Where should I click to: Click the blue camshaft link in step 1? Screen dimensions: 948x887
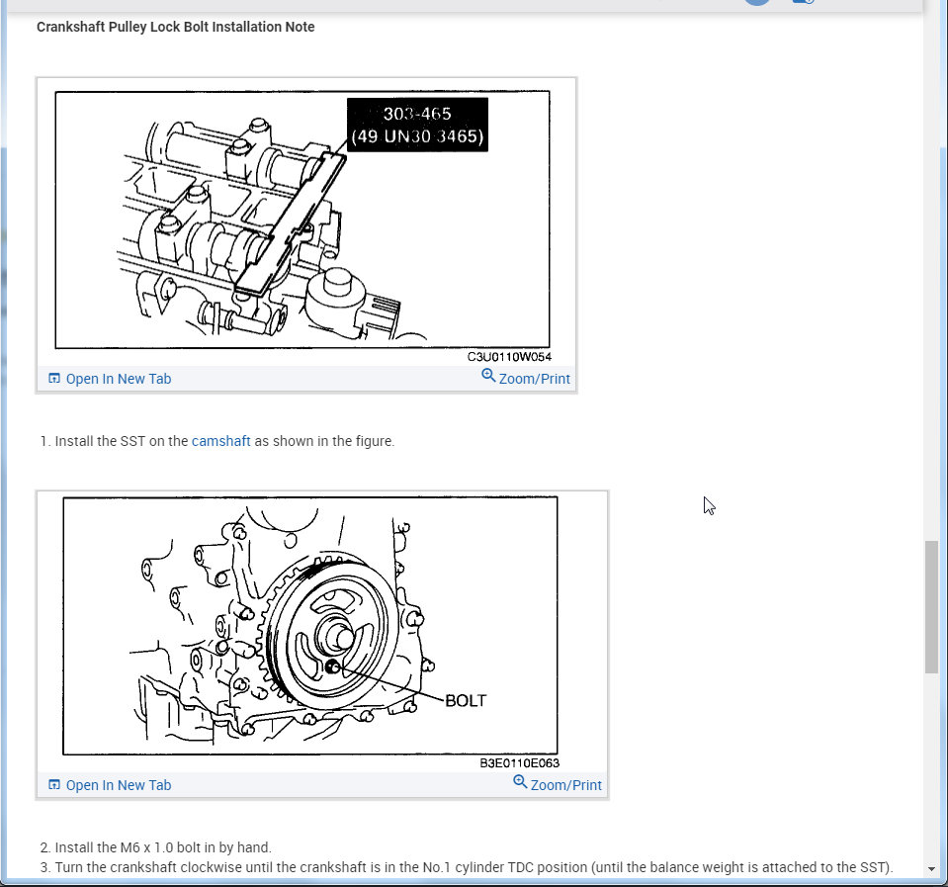tap(220, 441)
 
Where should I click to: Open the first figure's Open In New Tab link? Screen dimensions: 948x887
tap(118, 379)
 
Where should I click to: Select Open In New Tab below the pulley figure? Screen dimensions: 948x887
tap(118, 785)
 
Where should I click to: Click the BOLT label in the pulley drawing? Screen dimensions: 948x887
tap(466, 701)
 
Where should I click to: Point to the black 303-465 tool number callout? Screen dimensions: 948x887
tap(417, 126)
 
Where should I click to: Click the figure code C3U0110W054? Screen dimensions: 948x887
tap(509, 357)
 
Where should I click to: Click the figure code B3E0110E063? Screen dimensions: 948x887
tap(519, 763)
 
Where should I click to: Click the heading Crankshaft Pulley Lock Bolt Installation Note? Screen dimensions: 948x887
tap(175, 28)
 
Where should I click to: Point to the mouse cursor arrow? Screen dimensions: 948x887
tap(709, 505)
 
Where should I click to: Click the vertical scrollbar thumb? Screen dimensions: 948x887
tap(931, 606)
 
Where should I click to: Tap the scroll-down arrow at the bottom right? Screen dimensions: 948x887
tap(931, 869)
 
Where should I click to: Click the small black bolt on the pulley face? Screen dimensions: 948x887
tap(332, 666)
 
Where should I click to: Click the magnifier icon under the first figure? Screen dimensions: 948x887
tap(488, 376)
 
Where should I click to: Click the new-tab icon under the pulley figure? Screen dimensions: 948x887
tap(54, 785)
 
